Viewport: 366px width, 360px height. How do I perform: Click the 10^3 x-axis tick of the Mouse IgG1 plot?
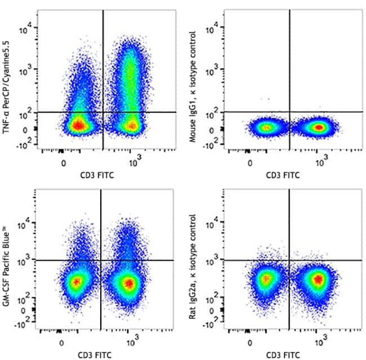click(322, 162)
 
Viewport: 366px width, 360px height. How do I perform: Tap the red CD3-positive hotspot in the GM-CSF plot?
click(129, 282)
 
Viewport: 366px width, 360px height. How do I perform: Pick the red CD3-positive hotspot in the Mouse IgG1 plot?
click(319, 127)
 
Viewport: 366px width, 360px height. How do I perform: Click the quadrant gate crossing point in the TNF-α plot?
click(103, 112)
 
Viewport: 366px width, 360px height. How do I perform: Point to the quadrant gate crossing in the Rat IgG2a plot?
click(289, 260)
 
